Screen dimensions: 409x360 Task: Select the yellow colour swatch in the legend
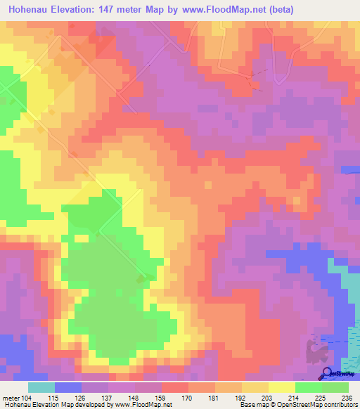(x=281, y=388)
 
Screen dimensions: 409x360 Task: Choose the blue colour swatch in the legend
(x=67, y=388)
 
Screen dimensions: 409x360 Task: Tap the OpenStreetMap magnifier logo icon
(x=326, y=373)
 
